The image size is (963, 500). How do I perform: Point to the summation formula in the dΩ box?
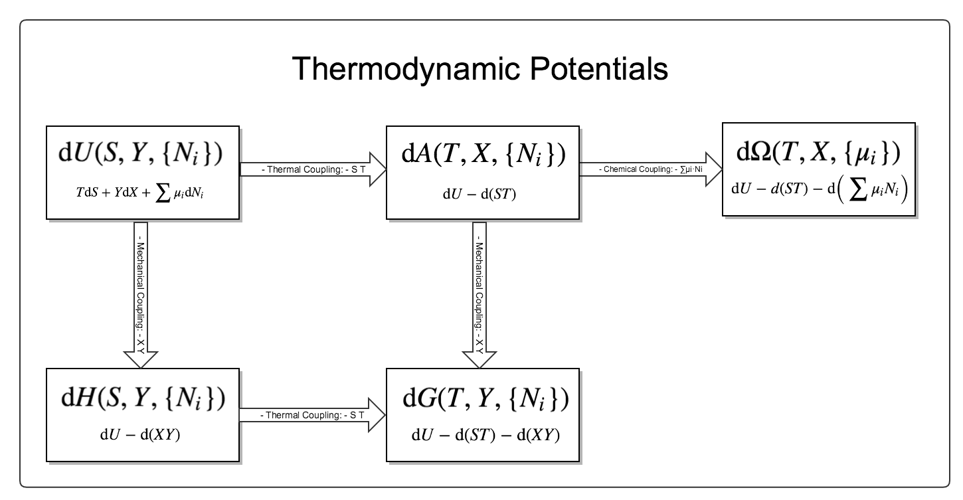point(819,189)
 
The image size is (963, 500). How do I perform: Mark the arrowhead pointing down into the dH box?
point(141,359)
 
